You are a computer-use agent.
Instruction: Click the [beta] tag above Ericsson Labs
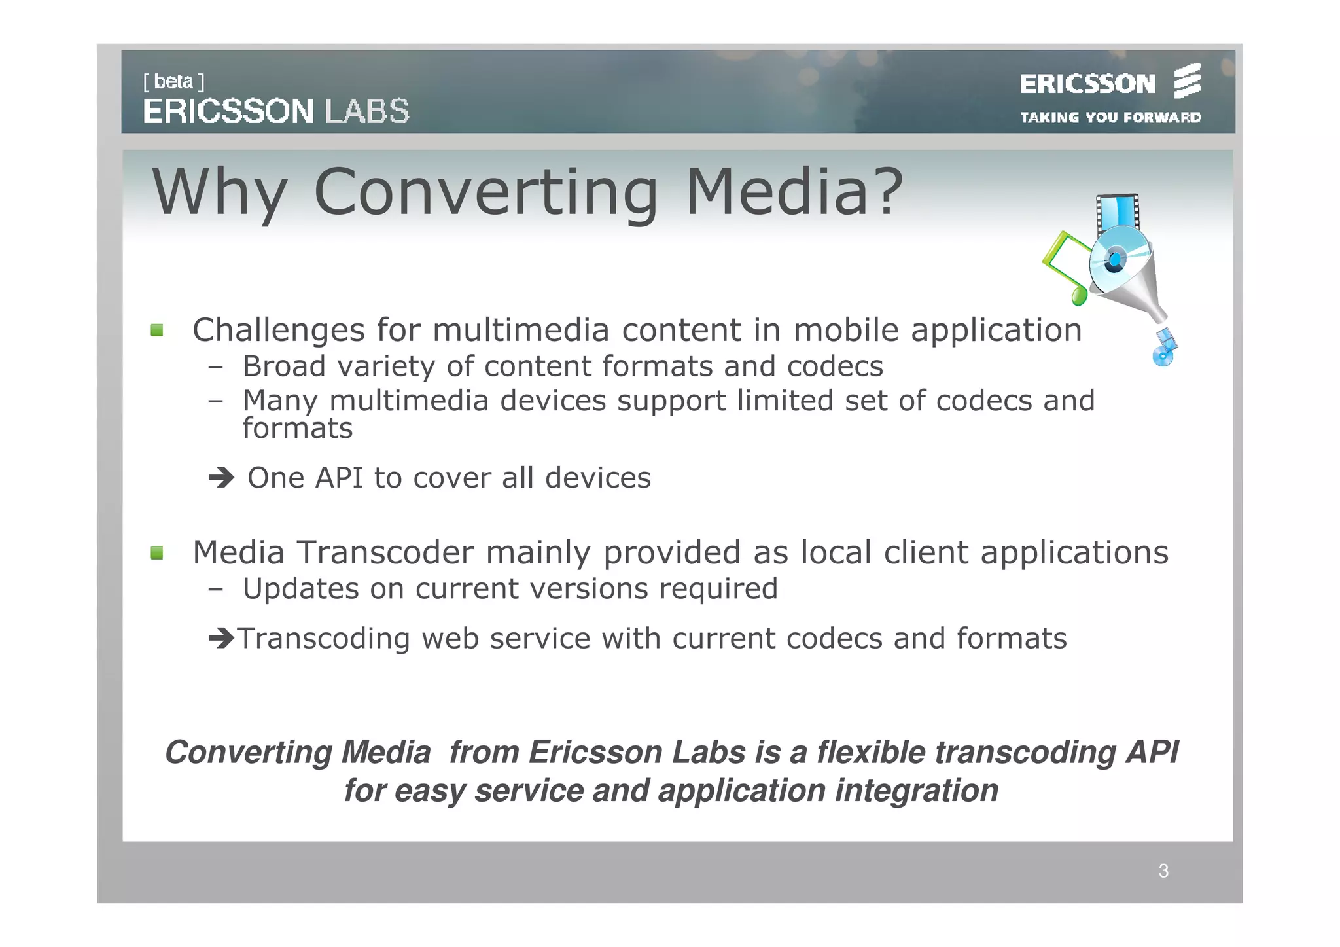coord(173,82)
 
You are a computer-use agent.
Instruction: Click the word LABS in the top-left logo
coord(367,111)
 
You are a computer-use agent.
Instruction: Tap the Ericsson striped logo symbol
coord(1187,81)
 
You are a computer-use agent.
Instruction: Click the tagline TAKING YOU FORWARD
coord(1110,118)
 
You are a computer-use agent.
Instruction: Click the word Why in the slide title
coord(219,192)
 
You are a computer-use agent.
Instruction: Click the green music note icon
coord(1067,268)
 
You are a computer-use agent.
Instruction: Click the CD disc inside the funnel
coord(1116,260)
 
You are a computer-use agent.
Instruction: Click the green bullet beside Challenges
coord(157,330)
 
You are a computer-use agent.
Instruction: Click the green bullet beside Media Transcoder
coord(157,553)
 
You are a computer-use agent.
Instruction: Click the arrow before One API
coord(221,478)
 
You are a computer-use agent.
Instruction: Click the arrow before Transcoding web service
coord(221,637)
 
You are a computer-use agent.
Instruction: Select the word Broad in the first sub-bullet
coord(284,366)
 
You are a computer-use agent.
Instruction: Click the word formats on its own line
coord(298,429)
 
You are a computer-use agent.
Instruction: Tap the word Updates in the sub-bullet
coord(300,588)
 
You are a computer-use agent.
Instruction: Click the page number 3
coord(1163,871)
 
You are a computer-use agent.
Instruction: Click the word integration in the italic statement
coord(916,791)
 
